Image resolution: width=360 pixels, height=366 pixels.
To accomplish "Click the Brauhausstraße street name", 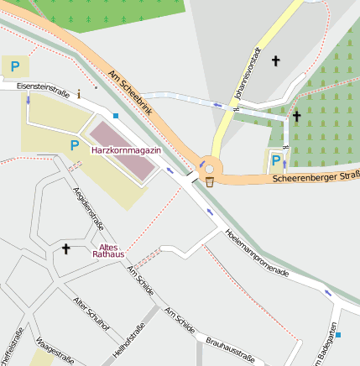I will pyautogui.click(x=229, y=350).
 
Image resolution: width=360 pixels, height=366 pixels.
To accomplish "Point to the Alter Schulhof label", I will pyautogui.click(x=91, y=313).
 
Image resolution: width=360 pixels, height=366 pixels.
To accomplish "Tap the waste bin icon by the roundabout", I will pyautogui.click(x=209, y=180).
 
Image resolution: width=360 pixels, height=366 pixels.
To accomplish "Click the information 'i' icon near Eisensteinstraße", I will pyautogui.click(x=78, y=93).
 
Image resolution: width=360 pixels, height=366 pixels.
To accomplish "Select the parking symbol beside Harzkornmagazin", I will pyautogui.click(x=74, y=146).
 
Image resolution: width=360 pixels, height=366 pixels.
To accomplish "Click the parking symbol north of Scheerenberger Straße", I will pyautogui.click(x=276, y=159).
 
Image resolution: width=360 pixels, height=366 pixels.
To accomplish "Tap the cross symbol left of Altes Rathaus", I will pyautogui.click(x=66, y=248).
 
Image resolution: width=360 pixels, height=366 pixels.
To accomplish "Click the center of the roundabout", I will pyautogui.click(x=209, y=168).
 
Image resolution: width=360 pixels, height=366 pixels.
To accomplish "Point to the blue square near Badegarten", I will pyautogui.click(x=338, y=335).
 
